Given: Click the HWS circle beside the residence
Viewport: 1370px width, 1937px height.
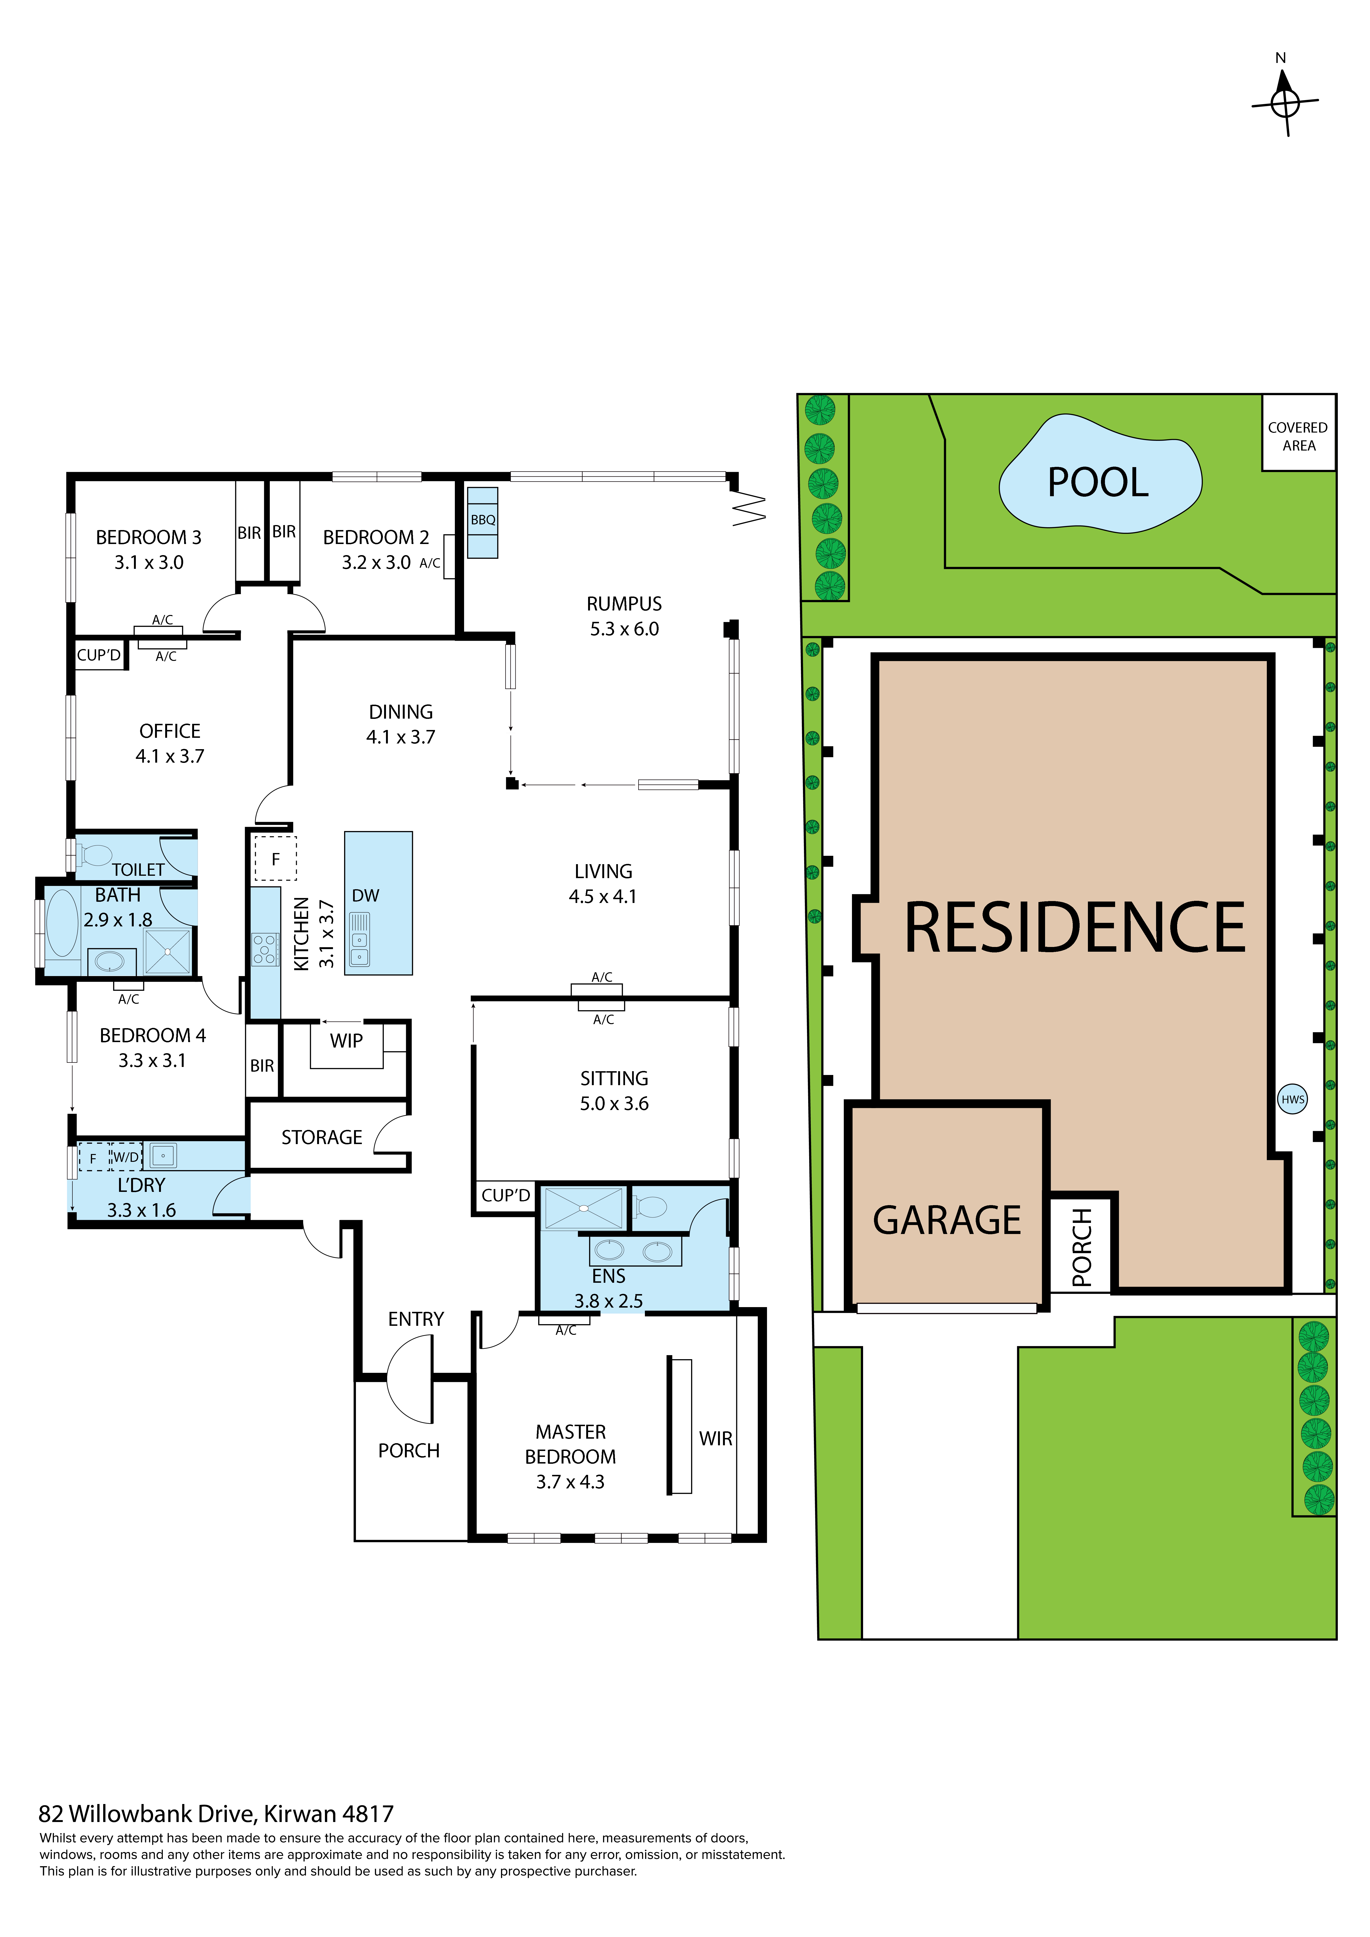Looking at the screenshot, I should (1292, 1099).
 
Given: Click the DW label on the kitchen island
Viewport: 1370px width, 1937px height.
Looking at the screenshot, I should (365, 896).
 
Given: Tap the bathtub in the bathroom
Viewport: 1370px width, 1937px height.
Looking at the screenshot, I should (62, 922).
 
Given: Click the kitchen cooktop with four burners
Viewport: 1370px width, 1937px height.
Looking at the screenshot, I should (265, 949).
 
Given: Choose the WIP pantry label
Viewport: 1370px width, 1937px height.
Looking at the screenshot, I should (346, 1041).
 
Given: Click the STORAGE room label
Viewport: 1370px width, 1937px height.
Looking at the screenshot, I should (321, 1138).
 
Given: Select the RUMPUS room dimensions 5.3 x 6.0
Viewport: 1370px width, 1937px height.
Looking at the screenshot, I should (624, 629).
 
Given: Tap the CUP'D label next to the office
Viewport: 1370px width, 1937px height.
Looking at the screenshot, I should (99, 655).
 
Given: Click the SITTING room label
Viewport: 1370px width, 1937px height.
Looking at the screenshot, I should (614, 1079).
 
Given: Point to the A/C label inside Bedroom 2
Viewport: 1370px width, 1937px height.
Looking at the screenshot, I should (429, 564).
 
